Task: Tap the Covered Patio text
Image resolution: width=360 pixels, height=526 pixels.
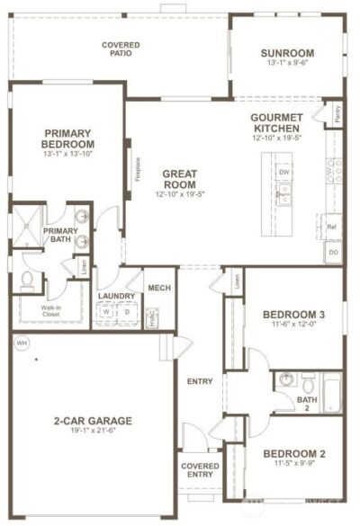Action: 119,49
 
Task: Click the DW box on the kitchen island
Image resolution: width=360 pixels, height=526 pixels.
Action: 283,171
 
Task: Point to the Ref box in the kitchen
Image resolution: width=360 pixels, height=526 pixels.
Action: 331,227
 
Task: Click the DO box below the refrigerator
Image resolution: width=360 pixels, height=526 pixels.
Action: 333,254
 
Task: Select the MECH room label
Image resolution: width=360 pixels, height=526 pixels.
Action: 159,289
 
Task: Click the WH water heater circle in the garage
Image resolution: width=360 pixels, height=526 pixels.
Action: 22,343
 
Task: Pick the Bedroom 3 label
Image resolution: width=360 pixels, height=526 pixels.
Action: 292,314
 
